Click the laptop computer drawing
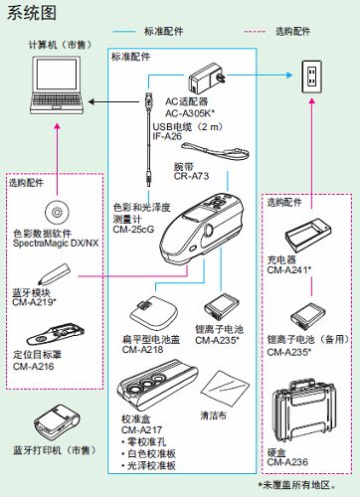[x=57, y=85]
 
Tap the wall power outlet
[x=311, y=77]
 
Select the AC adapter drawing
[x=206, y=79]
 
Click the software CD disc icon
[x=57, y=212]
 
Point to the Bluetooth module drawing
[x=54, y=274]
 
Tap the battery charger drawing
[x=308, y=235]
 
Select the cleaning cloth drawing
[x=225, y=389]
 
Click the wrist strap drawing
[x=216, y=151]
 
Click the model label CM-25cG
[x=133, y=230]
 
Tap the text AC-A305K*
[x=190, y=113]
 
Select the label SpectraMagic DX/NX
[x=56, y=244]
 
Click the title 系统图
[x=32, y=14]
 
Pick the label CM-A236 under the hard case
[x=287, y=462]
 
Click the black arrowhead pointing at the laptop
[x=91, y=101]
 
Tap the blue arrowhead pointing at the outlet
[x=289, y=75]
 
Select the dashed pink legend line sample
[x=255, y=32]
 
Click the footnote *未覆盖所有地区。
[x=297, y=485]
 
